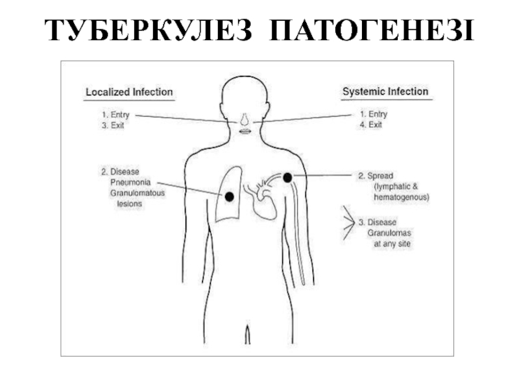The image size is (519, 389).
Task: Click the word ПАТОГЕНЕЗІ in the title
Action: tap(371, 31)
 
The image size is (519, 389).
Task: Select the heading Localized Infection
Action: tap(129, 92)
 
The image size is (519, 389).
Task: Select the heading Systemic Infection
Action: tap(385, 92)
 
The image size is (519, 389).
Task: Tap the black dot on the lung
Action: tap(229, 196)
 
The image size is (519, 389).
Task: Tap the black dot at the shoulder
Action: tap(288, 177)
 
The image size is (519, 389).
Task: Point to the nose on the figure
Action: tap(244, 120)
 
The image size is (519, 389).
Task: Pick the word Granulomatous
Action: tap(138, 193)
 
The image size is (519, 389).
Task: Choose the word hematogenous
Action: tap(402, 196)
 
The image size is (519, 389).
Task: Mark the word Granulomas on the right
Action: tap(389, 233)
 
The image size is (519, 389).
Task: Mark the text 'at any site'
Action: tap(392, 244)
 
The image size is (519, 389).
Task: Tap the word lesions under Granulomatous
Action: tap(129, 204)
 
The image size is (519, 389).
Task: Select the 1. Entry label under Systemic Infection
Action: tap(373, 114)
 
